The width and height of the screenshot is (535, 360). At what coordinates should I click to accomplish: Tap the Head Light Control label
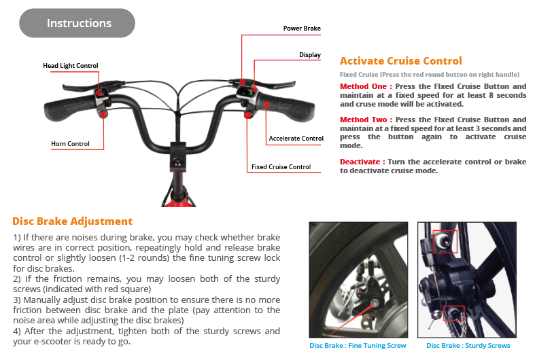coord(71,66)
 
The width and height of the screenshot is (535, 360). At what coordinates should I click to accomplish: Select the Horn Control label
coord(70,143)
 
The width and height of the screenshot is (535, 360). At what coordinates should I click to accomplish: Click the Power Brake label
coord(302,29)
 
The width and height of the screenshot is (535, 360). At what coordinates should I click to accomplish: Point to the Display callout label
coord(310,54)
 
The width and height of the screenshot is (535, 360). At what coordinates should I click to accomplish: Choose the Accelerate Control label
coord(296,139)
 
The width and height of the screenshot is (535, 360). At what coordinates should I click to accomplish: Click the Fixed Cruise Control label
coord(281,166)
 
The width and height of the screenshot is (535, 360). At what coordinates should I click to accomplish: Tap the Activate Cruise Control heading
coord(400,61)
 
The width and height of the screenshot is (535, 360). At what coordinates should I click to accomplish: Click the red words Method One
coord(366,87)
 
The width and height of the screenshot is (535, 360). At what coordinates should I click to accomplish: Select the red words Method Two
coord(366,120)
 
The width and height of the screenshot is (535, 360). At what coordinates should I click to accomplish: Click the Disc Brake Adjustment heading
coord(72,221)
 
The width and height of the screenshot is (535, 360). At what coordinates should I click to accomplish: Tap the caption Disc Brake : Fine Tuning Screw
coord(358,346)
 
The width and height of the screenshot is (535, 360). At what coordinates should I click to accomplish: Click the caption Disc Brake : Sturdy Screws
coord(468,346)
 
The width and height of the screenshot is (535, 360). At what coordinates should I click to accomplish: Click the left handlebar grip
coord(69,107)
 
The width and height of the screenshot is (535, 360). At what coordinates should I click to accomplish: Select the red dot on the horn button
coord(103,115)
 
